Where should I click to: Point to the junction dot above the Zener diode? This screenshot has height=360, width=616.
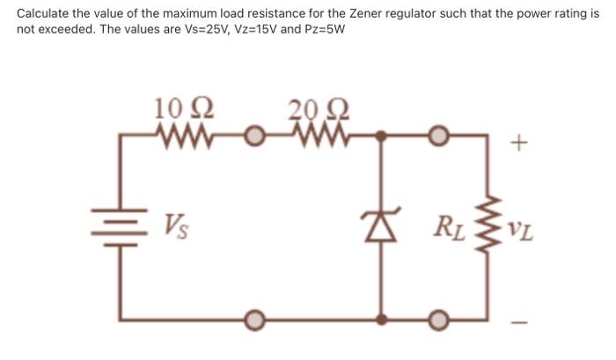click(x=381, y=137)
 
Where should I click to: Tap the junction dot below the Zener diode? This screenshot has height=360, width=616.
click(x=381, y=317)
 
